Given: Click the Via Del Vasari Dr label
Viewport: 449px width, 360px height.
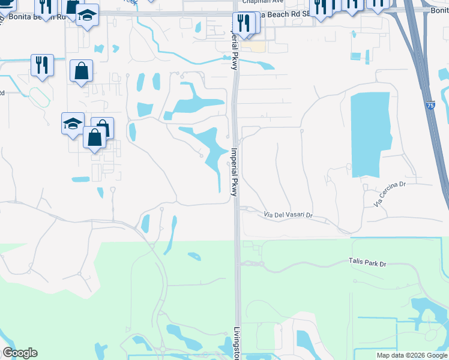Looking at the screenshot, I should pos(289,215).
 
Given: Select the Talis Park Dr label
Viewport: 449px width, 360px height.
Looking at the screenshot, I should pos(367,262).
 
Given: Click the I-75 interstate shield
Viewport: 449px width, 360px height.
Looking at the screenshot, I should pos(430,105).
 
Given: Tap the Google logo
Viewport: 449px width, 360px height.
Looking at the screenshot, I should pos(20,353).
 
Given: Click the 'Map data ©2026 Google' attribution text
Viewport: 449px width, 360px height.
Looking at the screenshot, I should pos(412,355).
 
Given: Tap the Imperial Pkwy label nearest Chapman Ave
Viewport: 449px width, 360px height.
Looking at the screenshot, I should pos(235,51).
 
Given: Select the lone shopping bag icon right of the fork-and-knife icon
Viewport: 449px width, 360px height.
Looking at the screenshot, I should pos(81,71).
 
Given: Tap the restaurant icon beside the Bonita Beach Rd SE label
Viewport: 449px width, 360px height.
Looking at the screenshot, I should pos(243,23).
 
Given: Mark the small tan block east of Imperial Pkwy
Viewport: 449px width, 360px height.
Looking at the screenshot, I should pos(257,46).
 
